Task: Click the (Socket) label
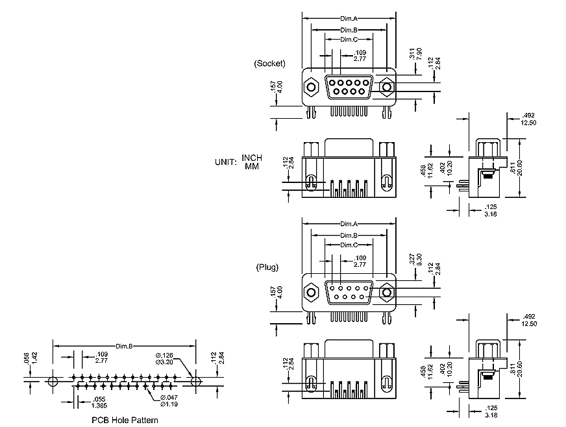click(270, 64)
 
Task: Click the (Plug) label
click(267, 267)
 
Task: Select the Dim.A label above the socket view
click(349, 19)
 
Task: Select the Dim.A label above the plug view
click(349, 225)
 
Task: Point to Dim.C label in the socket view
click(349, 40)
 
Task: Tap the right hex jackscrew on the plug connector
click(387, 292)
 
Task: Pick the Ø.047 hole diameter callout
click(167, 400)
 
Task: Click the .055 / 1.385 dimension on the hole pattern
click(99, 401)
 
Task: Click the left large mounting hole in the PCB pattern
click(53, 380)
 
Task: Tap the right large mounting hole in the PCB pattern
click(195, 380)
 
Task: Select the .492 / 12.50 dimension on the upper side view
click(528, 119)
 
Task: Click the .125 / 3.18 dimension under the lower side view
click(491, 411)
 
